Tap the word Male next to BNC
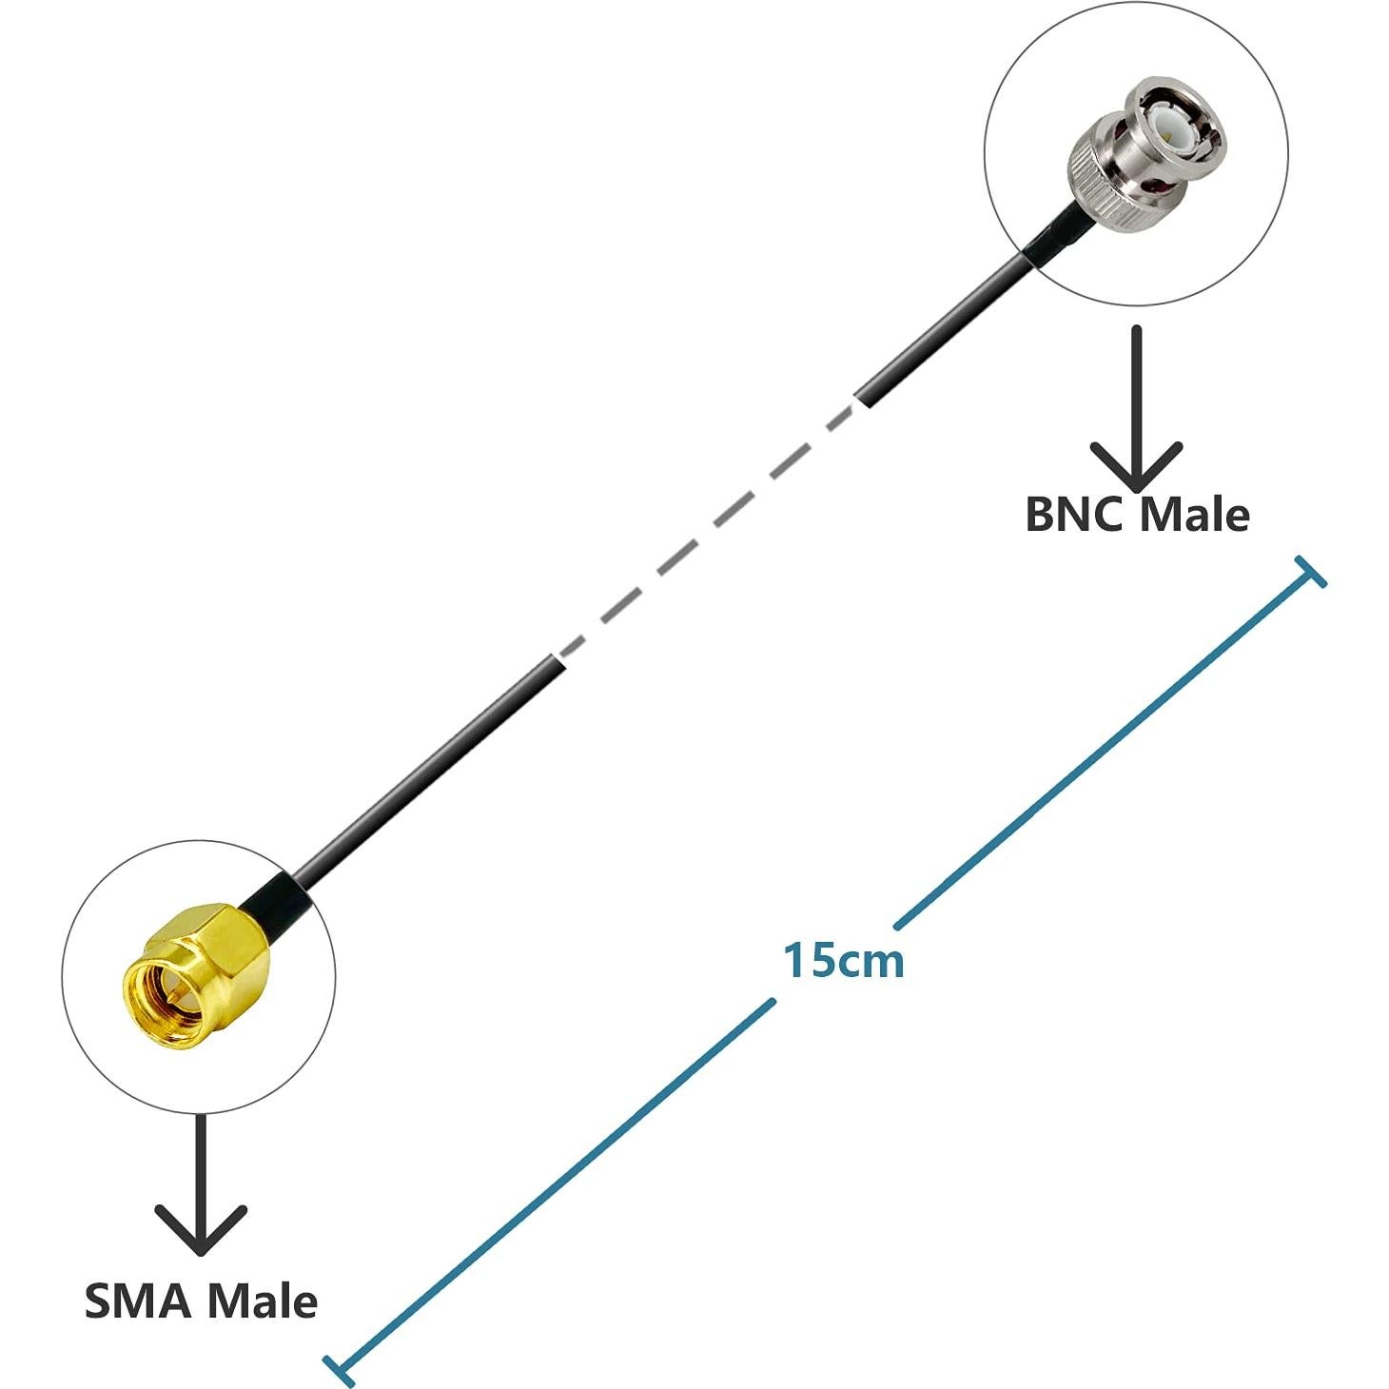coord(1194,515)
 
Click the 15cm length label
coord(843,961)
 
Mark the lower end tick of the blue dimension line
coord(339,1368)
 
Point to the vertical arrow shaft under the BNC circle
coord(1136,390)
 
